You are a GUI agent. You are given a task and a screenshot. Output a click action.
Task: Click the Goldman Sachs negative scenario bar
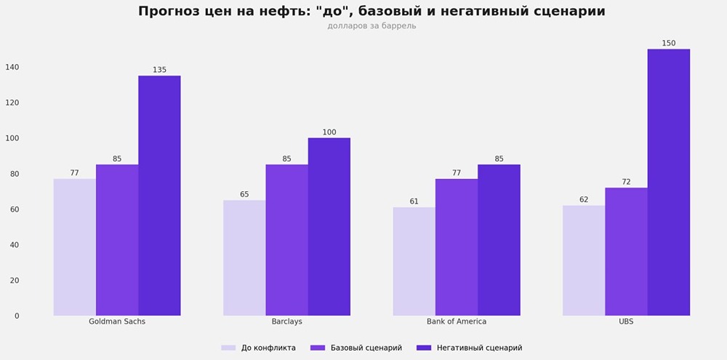tap(159, 196)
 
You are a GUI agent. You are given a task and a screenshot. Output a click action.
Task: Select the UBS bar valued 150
tap(668, 183)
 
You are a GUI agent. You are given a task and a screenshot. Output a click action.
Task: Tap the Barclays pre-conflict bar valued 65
tap(244, 257)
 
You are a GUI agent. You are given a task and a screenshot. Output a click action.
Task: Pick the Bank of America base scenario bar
tap(457, 247)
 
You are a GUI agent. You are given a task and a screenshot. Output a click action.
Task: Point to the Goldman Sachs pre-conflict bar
tap(75, 247)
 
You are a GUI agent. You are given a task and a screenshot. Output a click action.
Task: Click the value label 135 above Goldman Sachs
tap(159, 70)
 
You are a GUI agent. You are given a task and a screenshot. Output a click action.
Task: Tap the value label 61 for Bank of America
tap(414, 201)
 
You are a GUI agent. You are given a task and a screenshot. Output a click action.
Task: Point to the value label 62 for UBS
tap(584, 199)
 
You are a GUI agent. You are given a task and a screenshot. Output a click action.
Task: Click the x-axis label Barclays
tap(286, 321)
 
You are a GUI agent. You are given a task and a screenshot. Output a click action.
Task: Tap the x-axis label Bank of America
tap(457, 321)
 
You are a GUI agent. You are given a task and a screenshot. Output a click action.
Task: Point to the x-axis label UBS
tap(626, 321)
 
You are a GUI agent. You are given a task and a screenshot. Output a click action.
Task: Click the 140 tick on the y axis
tap(12, 67)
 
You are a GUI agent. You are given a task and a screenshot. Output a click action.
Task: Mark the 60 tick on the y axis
tap(15, 209)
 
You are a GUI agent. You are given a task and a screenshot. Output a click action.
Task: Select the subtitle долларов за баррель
tap(371, 26)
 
